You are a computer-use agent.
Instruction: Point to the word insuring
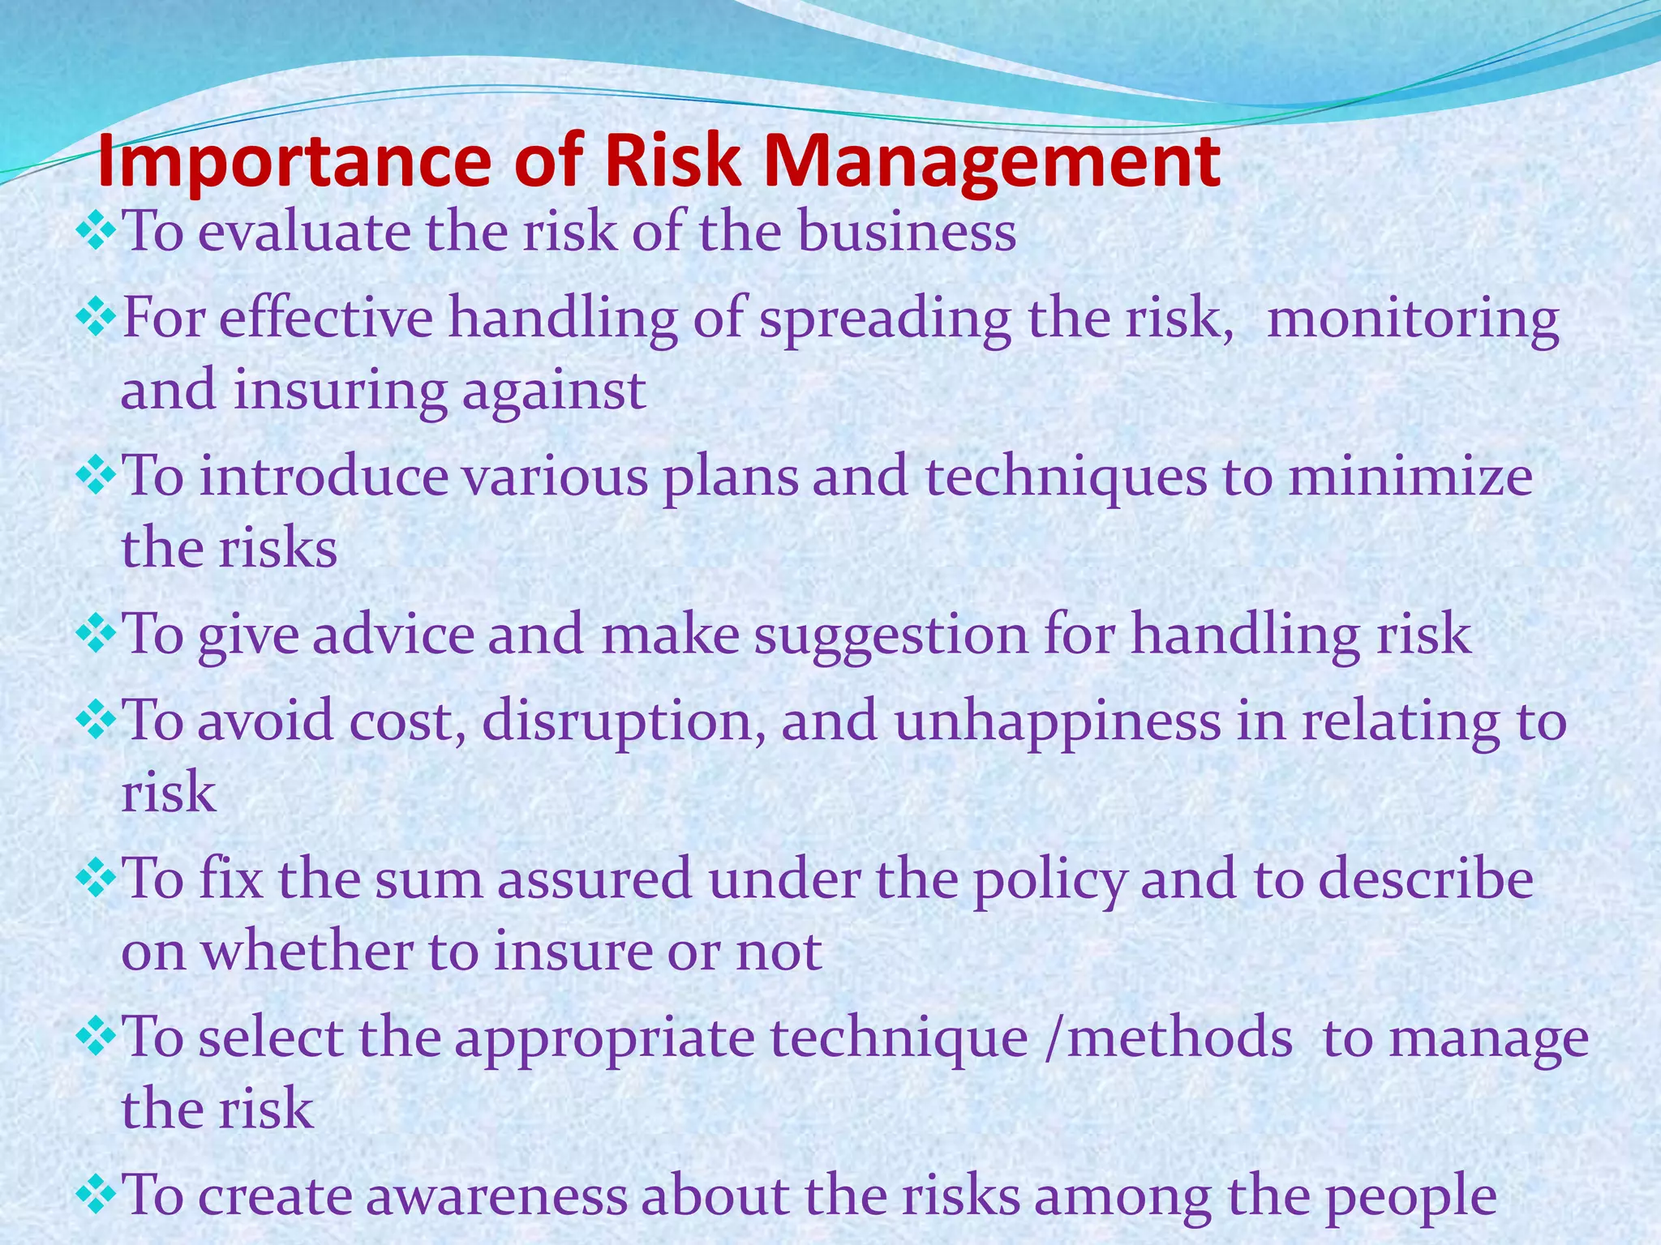339,391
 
